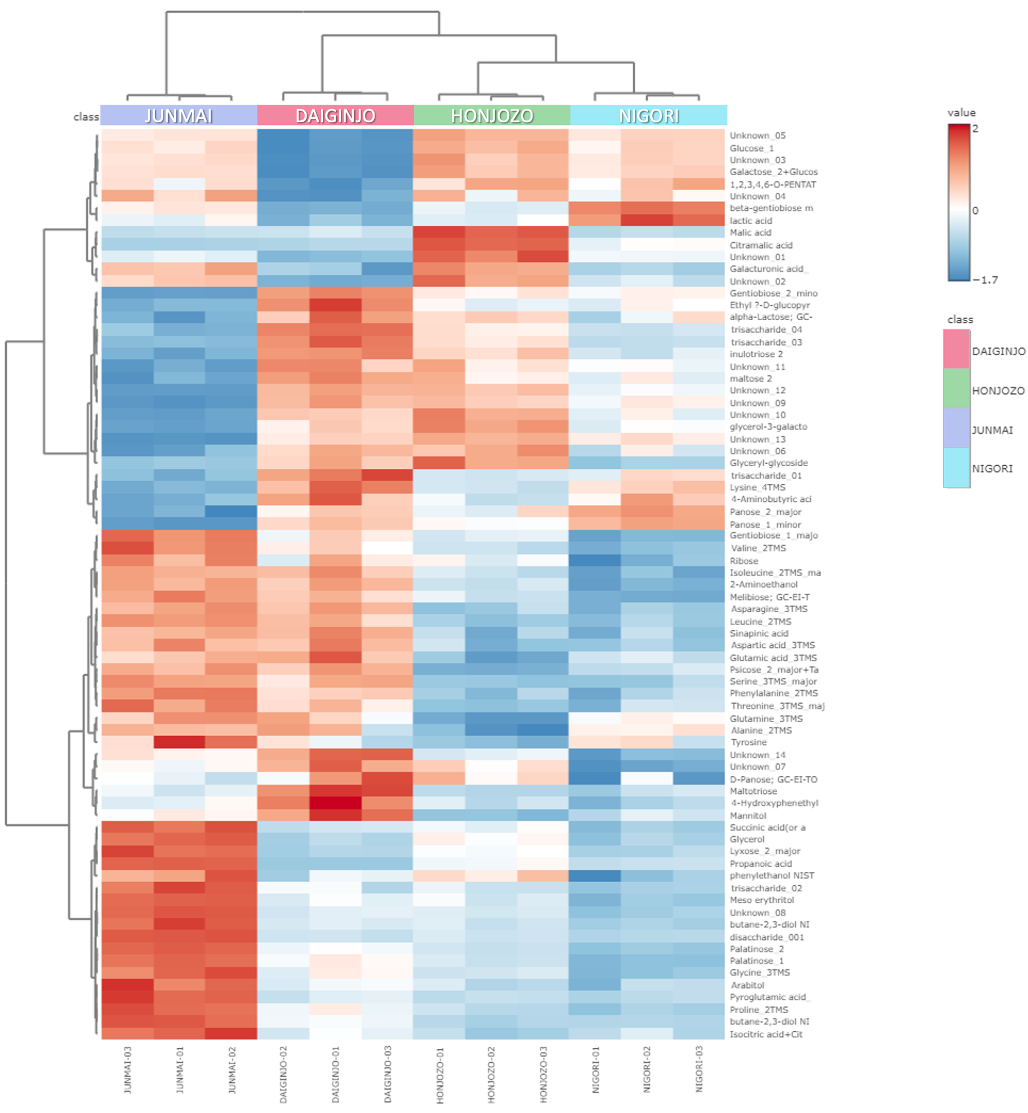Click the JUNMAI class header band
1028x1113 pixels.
point(178,115)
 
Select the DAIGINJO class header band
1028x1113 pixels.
point(336,115)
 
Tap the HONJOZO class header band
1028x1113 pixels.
point(492,115)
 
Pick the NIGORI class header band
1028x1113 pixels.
point(649,115)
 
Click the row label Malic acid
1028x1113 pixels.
point(750,232)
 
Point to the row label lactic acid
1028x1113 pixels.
point(750,221)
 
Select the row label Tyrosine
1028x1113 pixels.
point(748,742)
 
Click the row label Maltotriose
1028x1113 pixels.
point(753,791)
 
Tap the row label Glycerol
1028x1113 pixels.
point(747,840)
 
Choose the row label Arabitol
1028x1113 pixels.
point(747,985)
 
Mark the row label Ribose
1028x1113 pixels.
point(744,561)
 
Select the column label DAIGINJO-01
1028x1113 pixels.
point(336,1074)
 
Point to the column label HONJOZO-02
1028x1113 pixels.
point(491,1074)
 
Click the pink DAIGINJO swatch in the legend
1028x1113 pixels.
point(956,349)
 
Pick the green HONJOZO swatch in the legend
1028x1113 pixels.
point(956,389)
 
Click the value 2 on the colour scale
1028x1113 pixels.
point(975,129)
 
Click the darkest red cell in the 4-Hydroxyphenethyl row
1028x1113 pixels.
point(336,803)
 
